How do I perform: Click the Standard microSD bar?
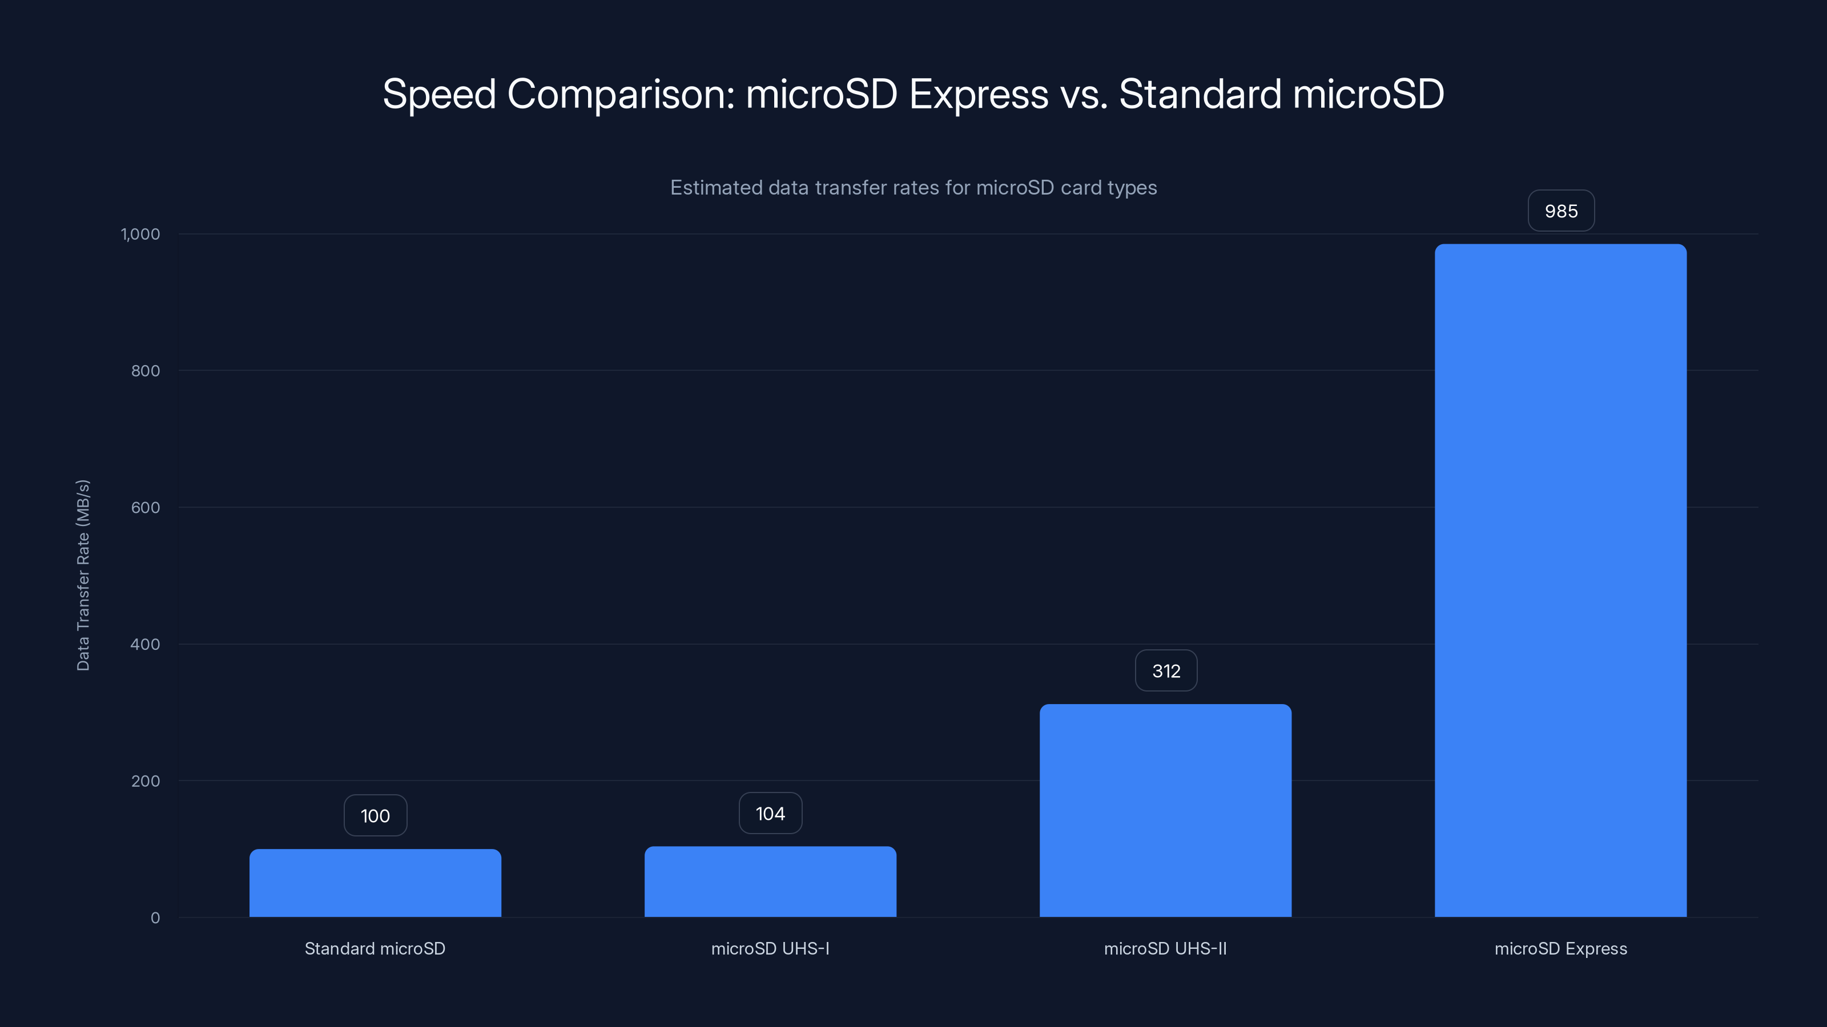click(x=375, y=883)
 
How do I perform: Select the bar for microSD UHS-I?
click(x=770, y=882)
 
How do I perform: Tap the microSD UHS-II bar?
click(x=1165, y=810)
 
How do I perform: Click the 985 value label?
click(x=1561, y=211)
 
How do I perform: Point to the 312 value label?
click(x=1166, y=671)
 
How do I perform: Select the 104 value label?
click(x=770, y=814)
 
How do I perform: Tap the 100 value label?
click(x=375, y=816)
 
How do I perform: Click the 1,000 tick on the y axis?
click(x=140, y=234)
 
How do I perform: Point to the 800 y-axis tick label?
click(x=146, y=371)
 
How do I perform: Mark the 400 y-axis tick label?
click(x=146, y=645)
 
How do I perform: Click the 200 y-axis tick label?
click(x=146, y=782)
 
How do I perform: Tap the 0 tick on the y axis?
click(x=155, y=919)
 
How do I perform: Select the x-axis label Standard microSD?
click(x=375, y=949)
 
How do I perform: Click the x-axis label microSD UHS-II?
click(x=1165, y=949)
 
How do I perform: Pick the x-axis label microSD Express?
click(x=1560, y=949)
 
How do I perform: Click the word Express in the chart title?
click(x=978, y=94)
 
